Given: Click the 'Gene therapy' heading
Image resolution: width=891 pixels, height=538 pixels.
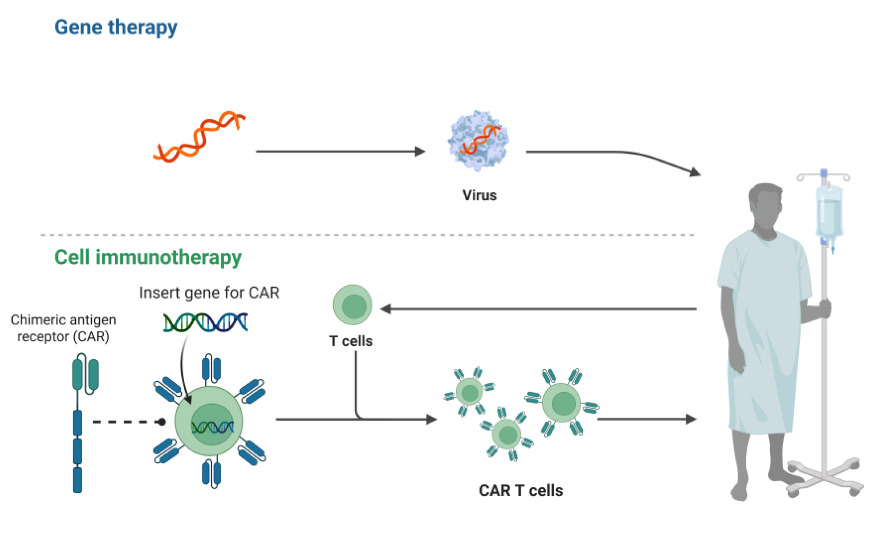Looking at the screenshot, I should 116,28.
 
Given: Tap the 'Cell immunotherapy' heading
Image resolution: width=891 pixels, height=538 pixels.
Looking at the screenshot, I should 148,257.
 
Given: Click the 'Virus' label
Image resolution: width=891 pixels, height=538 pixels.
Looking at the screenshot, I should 479,196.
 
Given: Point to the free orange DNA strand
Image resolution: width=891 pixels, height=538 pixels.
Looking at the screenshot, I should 199,137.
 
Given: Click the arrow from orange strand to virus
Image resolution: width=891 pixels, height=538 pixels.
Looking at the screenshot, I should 340,151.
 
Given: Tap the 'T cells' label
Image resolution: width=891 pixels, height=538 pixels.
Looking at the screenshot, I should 350,341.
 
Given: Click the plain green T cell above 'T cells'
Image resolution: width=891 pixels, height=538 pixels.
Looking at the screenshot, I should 352,305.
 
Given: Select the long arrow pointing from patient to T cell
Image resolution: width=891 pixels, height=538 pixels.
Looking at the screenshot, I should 539,309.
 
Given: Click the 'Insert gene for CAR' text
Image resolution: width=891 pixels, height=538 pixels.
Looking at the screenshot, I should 209,293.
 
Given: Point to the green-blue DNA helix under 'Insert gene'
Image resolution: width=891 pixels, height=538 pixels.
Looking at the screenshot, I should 205,322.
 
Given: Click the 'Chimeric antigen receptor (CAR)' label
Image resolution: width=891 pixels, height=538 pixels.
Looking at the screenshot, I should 63,328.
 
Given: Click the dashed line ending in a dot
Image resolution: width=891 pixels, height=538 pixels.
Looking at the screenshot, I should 127,422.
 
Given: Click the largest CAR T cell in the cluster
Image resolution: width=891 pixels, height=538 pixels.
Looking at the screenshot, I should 561,402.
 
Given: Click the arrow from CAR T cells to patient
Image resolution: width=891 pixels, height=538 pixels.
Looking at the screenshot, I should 646,419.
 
